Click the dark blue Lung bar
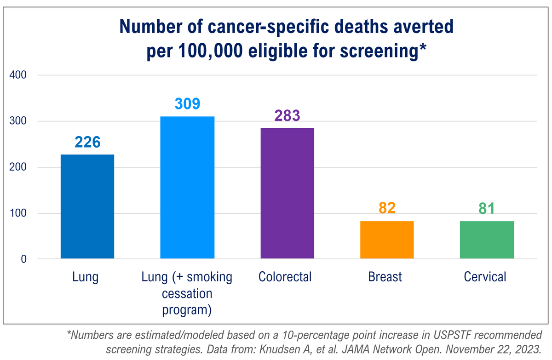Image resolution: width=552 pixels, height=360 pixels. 87,206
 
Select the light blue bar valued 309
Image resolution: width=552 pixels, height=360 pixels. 187,188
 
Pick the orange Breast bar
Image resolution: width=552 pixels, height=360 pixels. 387,240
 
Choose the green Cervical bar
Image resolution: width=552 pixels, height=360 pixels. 487,240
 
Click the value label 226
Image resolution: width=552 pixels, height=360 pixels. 87,142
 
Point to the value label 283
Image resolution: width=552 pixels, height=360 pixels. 287,116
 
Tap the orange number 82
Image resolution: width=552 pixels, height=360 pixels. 387,208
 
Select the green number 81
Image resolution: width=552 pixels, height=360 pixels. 487,208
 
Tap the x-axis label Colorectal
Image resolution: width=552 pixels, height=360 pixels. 285,277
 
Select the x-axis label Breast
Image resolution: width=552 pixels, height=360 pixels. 385,277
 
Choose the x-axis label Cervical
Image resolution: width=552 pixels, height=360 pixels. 485,277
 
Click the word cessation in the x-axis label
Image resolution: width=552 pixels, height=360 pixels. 187,293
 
